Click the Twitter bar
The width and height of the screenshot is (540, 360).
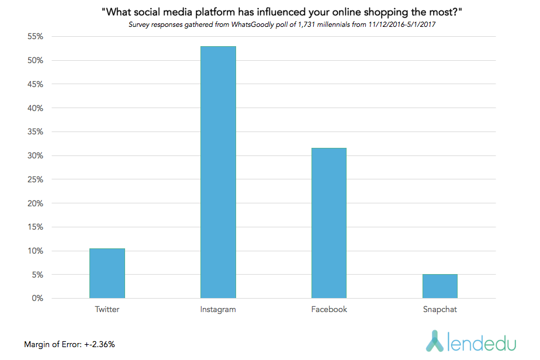[x=107, y=274]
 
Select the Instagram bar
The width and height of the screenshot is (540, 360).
[x=218, y=172]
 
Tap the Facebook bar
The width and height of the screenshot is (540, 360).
[x=329, y=223]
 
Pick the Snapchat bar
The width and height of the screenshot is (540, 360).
[x=440, y=286]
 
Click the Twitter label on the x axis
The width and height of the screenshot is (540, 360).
[x=107, y=310]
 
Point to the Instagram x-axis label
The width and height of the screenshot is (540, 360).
[x=218, y=310]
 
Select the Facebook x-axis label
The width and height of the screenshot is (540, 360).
[x=329, y=310]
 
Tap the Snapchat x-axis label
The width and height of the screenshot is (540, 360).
[x=440, y=310]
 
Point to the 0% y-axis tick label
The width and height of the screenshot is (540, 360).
[x=37, y=299]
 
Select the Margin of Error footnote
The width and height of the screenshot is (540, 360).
[x=70, y=344]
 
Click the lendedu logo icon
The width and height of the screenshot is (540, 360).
[x=435, y=341]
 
